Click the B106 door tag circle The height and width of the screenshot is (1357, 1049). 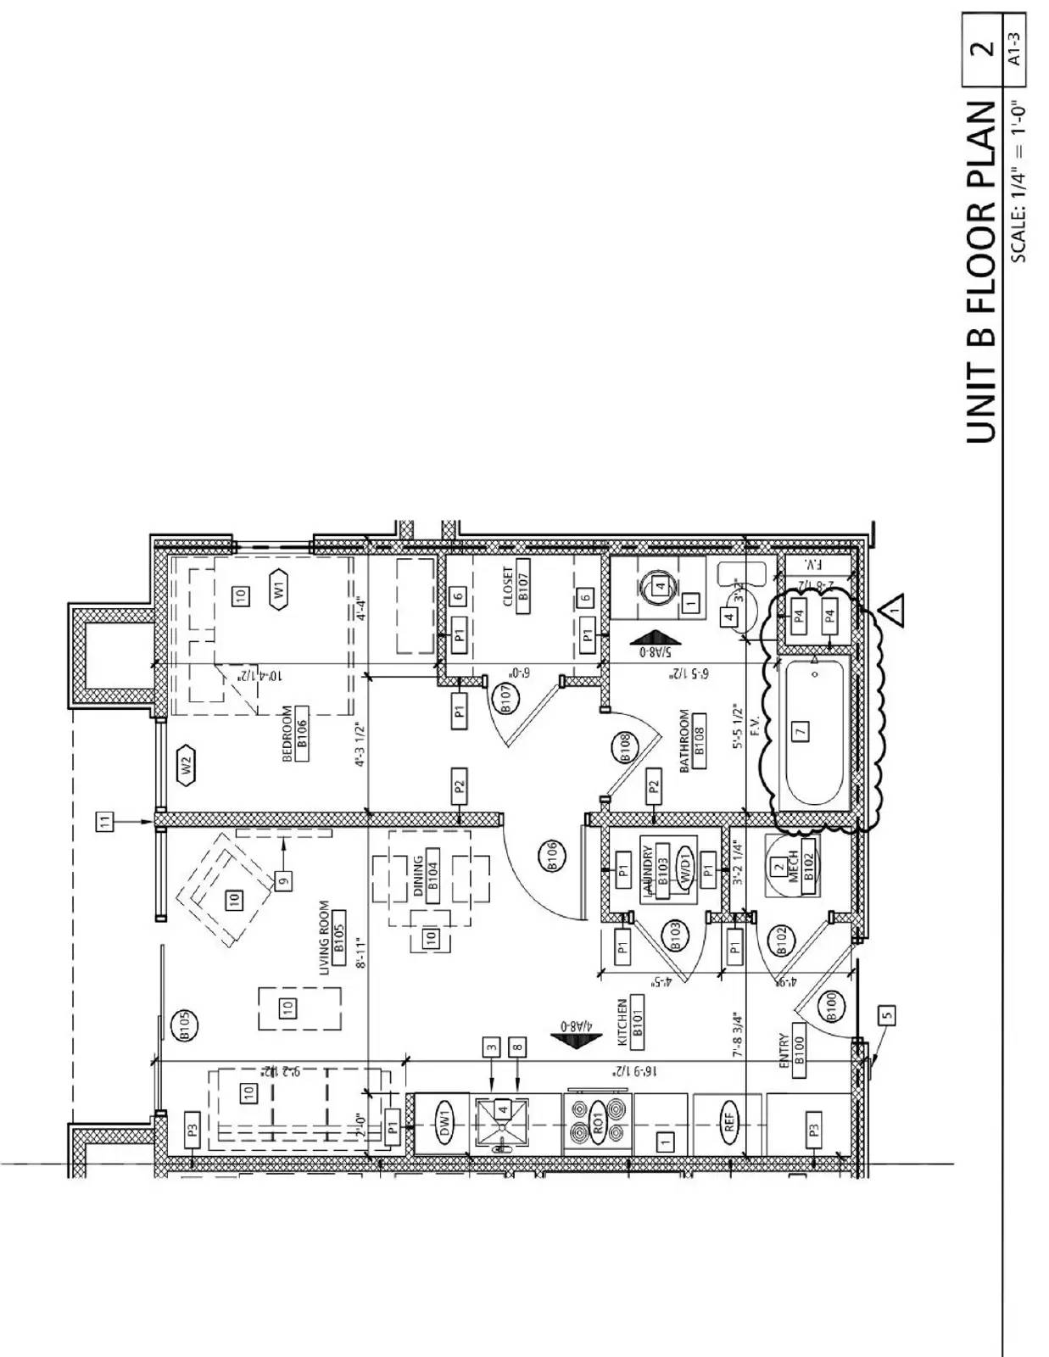point(552,856)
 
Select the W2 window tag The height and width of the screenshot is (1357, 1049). point(187,766)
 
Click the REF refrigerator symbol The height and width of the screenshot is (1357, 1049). point(730,1124)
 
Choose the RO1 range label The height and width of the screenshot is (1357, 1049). point(598,1124)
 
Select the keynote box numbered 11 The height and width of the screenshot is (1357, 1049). point(104,821)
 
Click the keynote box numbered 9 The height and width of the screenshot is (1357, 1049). point(284,880)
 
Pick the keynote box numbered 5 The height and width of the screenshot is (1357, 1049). point(887,1014)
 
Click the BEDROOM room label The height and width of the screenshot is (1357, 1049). point(293,734)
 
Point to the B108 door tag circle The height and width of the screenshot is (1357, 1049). point(625,748)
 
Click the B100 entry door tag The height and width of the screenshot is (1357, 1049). point(831,1006)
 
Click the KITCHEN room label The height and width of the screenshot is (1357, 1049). point(630,1022)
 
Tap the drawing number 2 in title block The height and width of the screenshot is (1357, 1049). point(984,49)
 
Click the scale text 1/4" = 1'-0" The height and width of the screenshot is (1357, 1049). point(1017,182)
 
